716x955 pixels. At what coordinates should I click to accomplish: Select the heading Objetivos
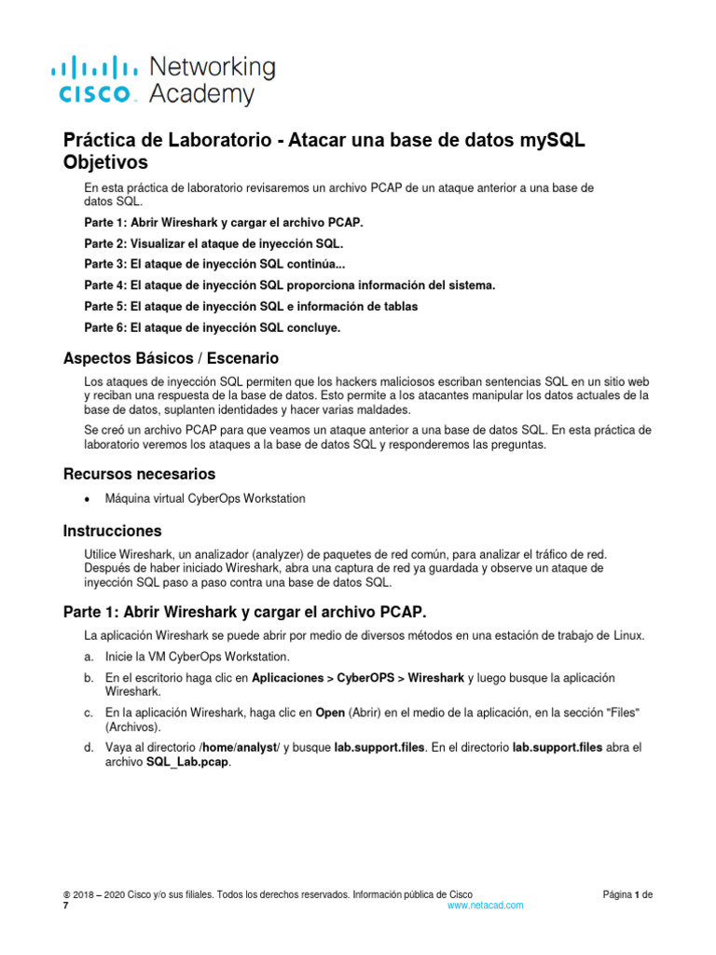105,162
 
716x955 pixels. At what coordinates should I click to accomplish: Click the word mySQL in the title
548,140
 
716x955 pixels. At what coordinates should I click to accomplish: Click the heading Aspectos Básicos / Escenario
171,358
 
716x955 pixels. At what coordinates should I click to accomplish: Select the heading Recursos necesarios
139,474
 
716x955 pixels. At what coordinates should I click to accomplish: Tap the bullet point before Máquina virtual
88,499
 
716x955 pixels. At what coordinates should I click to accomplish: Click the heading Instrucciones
112,531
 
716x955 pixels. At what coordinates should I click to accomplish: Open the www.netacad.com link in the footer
485,906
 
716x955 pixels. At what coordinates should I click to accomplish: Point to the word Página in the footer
617,894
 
